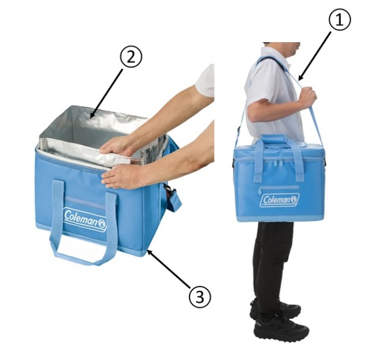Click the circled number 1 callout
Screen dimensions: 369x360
click(339, 20)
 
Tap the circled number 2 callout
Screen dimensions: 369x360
click(131, 57)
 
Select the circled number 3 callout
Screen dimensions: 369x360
click(200, 297)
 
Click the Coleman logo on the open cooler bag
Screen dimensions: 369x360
click(85, 219)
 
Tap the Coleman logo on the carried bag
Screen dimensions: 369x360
click(279, 200)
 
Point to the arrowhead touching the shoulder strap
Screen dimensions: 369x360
click(301, 77)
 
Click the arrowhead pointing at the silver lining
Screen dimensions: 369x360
click(93, 114)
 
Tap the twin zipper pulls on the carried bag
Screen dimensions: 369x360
click(278, 163)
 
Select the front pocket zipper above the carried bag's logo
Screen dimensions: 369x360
click(279, 187)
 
